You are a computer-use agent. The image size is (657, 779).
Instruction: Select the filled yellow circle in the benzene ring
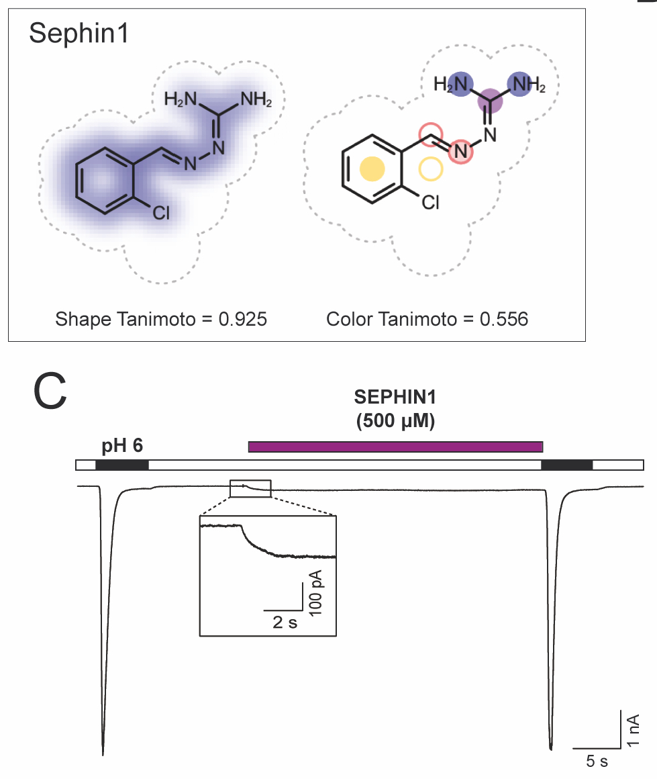click(372, 169)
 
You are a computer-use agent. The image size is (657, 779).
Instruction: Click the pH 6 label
click(122, 446)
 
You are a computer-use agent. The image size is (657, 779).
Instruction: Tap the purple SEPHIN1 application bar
click(395, 447)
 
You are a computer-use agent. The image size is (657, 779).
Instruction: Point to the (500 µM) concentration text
click(395, 423)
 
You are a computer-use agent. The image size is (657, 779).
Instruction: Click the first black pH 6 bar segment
click(121, 465)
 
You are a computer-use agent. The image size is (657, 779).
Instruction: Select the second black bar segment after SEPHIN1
click(566, 465)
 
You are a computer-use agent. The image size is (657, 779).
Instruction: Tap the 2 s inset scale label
click(285, 622)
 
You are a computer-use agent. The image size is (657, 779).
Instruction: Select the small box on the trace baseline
click(250, 489)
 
